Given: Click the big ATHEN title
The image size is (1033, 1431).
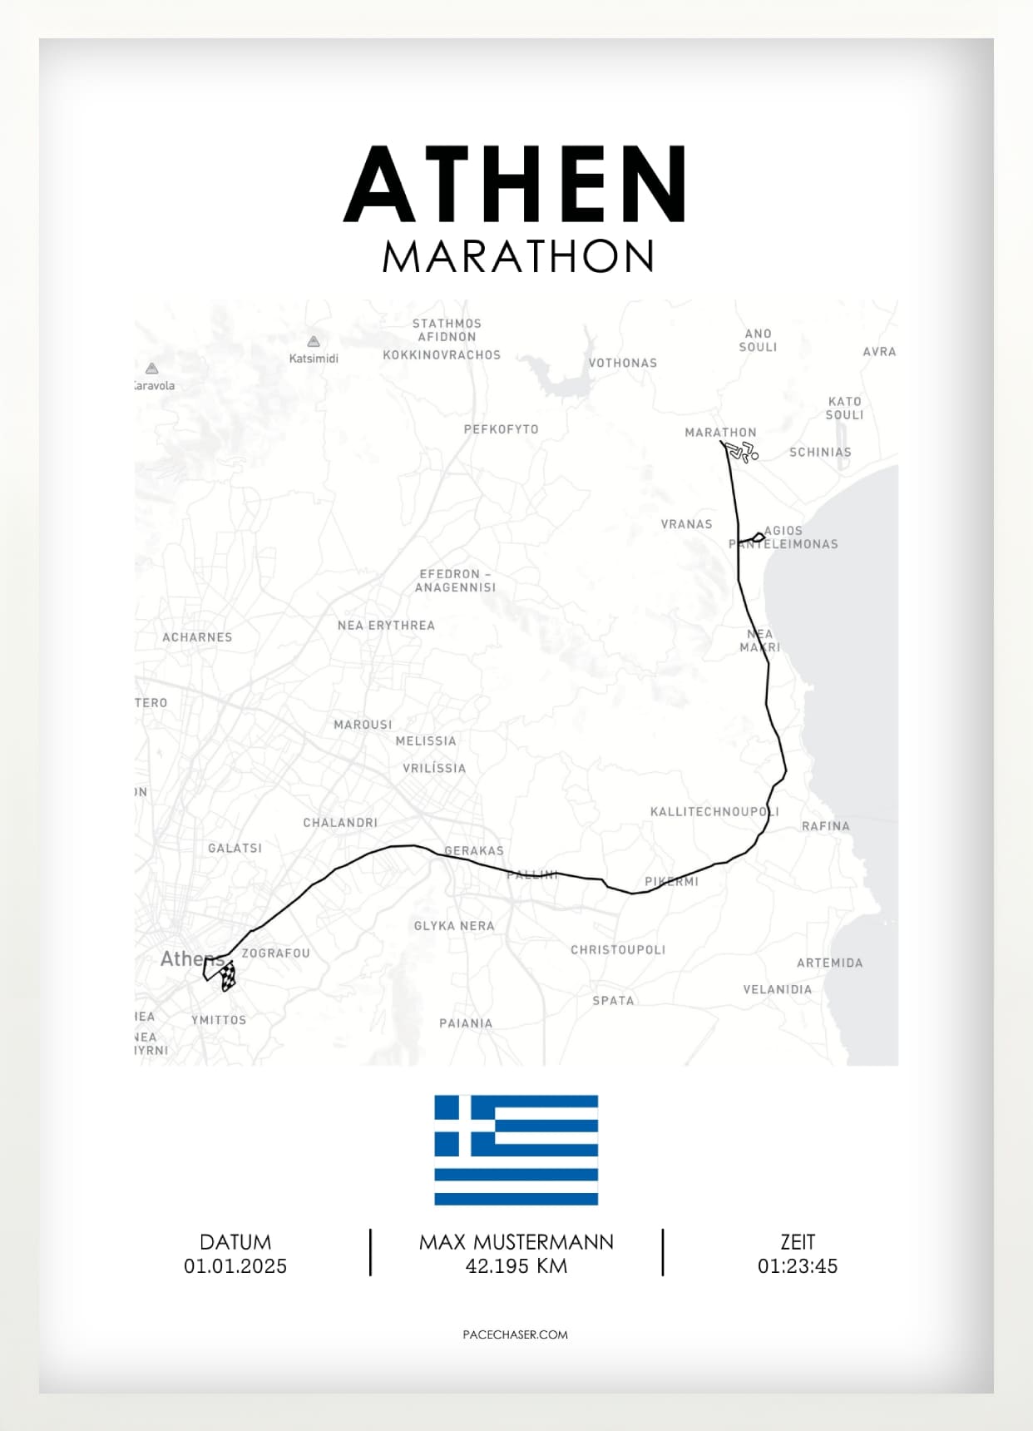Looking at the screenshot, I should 516,185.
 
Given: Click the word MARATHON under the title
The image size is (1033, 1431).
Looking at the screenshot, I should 517,256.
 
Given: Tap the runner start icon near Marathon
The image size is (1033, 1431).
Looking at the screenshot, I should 741,452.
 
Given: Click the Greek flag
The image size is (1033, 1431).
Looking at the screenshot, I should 516,1150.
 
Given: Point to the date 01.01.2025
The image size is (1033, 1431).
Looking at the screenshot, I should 235,1266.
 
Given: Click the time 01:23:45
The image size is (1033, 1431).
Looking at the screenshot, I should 797,1266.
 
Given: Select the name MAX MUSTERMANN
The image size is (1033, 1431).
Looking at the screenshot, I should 516,1242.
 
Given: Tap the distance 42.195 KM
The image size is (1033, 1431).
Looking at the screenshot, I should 516,1266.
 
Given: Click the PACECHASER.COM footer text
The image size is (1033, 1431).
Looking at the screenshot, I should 516,1334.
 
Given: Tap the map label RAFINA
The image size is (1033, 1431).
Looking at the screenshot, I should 825,826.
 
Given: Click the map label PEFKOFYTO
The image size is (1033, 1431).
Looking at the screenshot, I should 501,429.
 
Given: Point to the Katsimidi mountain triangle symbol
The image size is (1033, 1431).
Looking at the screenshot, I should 314,341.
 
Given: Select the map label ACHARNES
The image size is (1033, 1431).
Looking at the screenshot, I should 197,637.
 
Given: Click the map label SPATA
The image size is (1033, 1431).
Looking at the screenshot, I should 613,1001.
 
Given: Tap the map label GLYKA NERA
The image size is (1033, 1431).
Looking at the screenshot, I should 454,926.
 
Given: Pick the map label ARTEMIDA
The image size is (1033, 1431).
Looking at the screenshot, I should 829,963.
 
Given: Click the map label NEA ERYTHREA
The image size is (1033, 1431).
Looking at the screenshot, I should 386,626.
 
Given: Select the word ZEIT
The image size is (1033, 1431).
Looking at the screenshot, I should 797,1242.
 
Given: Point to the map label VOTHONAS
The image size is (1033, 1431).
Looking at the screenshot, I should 622,363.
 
